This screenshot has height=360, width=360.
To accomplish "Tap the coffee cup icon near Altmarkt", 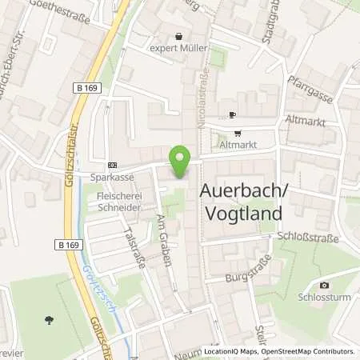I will click(232, 115).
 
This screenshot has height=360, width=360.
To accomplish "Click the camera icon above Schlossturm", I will click(324, 286).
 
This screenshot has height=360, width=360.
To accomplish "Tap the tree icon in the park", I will click(50, 320).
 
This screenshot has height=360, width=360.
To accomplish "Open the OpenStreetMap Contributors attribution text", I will click(308, 351).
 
